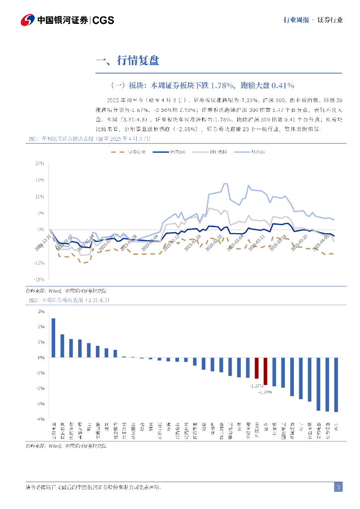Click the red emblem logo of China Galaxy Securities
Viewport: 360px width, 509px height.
coord(28,20)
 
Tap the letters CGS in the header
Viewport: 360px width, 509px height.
coord(103,20)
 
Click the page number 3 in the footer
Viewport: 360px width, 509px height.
coord(338,487)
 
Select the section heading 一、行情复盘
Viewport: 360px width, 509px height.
coord(128,61)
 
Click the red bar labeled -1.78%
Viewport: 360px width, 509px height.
coord(266,371)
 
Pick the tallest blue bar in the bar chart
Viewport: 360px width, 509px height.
coord(53,338)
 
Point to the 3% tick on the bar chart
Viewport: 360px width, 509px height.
coord(41,311)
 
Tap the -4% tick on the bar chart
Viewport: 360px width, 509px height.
coord(41,419)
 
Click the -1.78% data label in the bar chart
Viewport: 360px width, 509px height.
coord(265,392)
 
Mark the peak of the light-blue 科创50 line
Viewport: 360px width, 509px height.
coord(225,183)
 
